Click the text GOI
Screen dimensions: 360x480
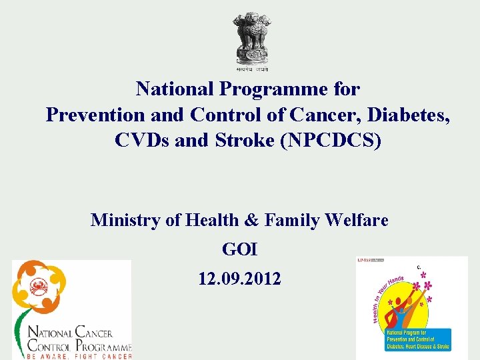click(x=239, y=249)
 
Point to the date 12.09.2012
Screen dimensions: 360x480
click(x=239, y=279)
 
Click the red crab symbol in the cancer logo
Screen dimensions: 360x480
click(x=38, y=288)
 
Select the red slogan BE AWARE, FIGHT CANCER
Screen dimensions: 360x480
click(x=79, y=356)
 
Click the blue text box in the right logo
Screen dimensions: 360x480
click(x=418, y=339)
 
